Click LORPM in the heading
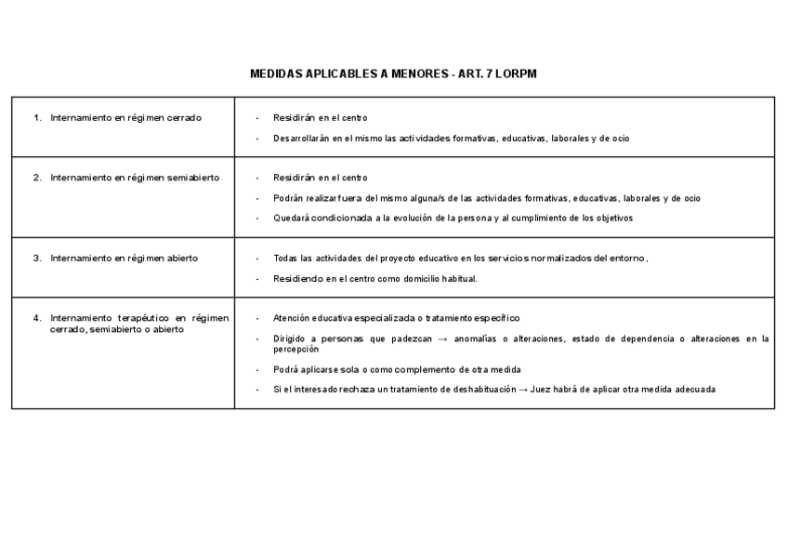[x=516, y=73]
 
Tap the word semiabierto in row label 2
[x=193, y=178]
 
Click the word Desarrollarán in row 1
[x=301, y=139]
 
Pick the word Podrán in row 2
[x=287, y=198]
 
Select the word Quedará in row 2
[x=290, y=219]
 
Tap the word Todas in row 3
[x=285, y=258]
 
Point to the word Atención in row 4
[x=292, y=318]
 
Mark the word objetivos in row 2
[x=613, y=219]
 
